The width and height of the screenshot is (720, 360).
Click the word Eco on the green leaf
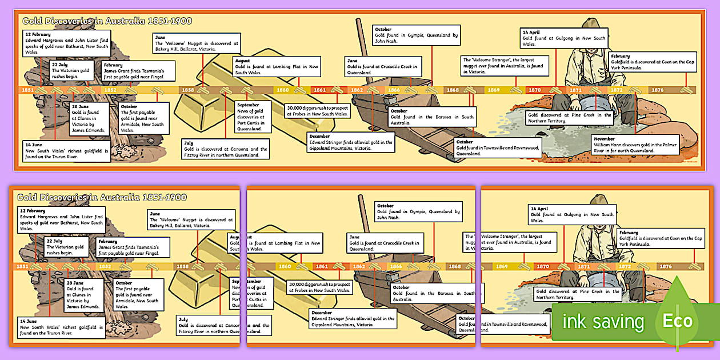tap(677, 321)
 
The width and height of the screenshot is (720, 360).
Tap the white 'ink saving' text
tap(603, 322)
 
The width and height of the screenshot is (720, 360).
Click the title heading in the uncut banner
tap(106, 21)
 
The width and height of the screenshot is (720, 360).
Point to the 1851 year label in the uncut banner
tap(27, 90)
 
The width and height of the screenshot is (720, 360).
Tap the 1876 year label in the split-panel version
tap(665, 266)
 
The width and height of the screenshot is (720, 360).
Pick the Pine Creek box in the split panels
tap(577, 294)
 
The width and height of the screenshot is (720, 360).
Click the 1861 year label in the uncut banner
tap(320, 90)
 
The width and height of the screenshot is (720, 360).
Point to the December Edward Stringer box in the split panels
tap(353, 318)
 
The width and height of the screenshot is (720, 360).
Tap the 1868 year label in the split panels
tap(454, 266)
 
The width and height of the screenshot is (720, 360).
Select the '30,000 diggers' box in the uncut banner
tap(318, 110)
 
